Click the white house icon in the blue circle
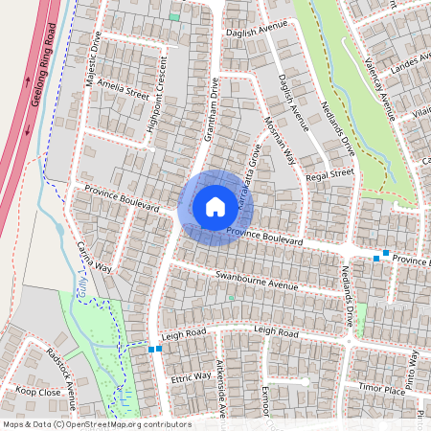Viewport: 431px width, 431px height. click(x=215, y=207)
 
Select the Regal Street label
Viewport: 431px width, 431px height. click(x=330, y=175)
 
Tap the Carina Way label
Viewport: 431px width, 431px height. click(x=95, y=257)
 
